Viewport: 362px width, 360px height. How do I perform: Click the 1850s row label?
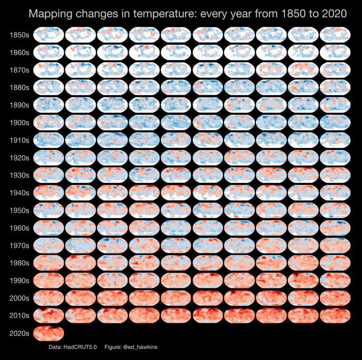[19, 36]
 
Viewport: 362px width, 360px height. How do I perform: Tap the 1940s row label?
[19, 192]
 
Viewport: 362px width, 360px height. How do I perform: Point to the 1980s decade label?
[19, 263]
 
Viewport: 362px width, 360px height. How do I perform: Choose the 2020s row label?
[19, 333]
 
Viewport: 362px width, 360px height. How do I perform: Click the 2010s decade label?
[19, 315]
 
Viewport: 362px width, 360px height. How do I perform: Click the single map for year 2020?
[48, 333]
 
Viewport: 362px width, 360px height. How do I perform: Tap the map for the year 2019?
[335, 315]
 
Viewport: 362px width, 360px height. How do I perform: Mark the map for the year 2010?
[48, 315]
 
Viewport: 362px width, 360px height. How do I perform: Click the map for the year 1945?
[208, 192]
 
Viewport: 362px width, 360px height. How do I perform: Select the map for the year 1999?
[335, 280]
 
